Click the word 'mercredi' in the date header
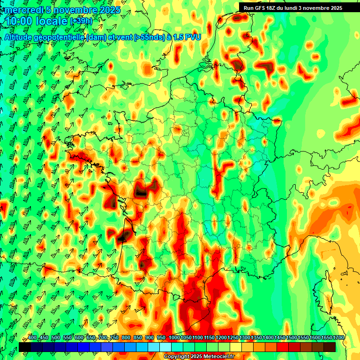coord(23,10)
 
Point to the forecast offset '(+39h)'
coord(82,21)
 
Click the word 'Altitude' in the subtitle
coord(22,37)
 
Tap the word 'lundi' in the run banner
coord(296,8)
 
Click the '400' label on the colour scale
coord(32,338)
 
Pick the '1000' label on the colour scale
coord(174,338)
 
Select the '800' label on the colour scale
coord(126,338)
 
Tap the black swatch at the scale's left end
coord(25,347)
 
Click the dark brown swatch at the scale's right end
coord(330,347)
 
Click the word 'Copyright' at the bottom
coord(177,357)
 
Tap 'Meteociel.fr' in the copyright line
coord(219,357)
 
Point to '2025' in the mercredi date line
coord(110,10)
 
